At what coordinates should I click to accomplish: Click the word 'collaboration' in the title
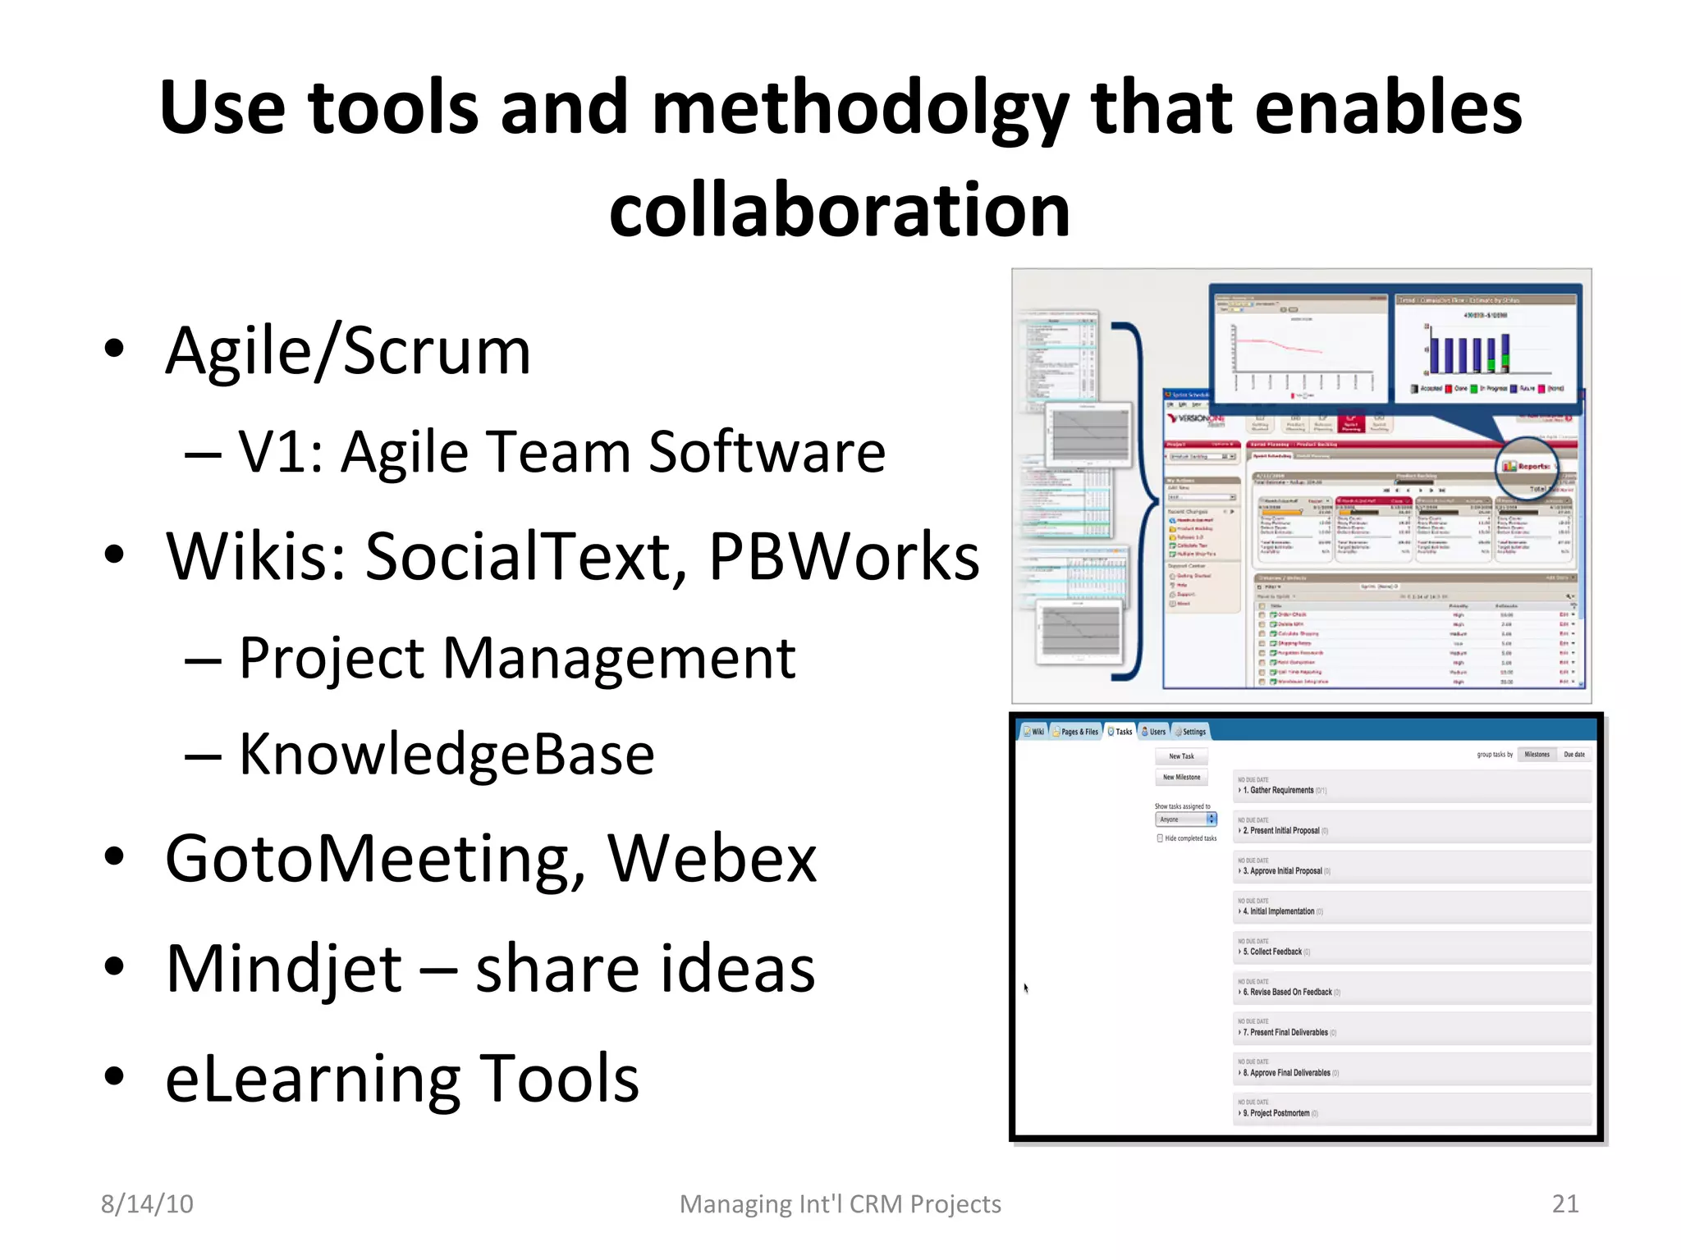pos(839,211)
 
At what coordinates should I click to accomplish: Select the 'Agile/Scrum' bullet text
pos(348,351)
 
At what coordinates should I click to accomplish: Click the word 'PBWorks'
pos(843,557)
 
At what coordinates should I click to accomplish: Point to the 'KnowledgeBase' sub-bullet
pos(446,754)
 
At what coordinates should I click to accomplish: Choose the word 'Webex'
pos(712,859)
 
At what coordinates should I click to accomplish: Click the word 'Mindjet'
pos(284,969)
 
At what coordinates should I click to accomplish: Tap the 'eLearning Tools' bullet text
pos(401,1078)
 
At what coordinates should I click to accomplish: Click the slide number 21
pos(1564,1203)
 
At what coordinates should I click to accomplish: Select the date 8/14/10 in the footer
pos(147,1203)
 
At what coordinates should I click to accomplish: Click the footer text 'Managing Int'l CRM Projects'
pos(840,1203)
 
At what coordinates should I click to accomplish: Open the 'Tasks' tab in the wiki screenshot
pos(1120,731)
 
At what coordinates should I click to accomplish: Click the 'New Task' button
pos(1181,756)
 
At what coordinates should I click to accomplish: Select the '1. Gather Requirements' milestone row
pos(1280,790)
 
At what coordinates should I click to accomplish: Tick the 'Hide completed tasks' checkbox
pos(1160,838)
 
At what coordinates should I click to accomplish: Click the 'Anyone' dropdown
pos(1185,819)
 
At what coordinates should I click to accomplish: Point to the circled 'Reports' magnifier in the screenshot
pos(1526,466)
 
